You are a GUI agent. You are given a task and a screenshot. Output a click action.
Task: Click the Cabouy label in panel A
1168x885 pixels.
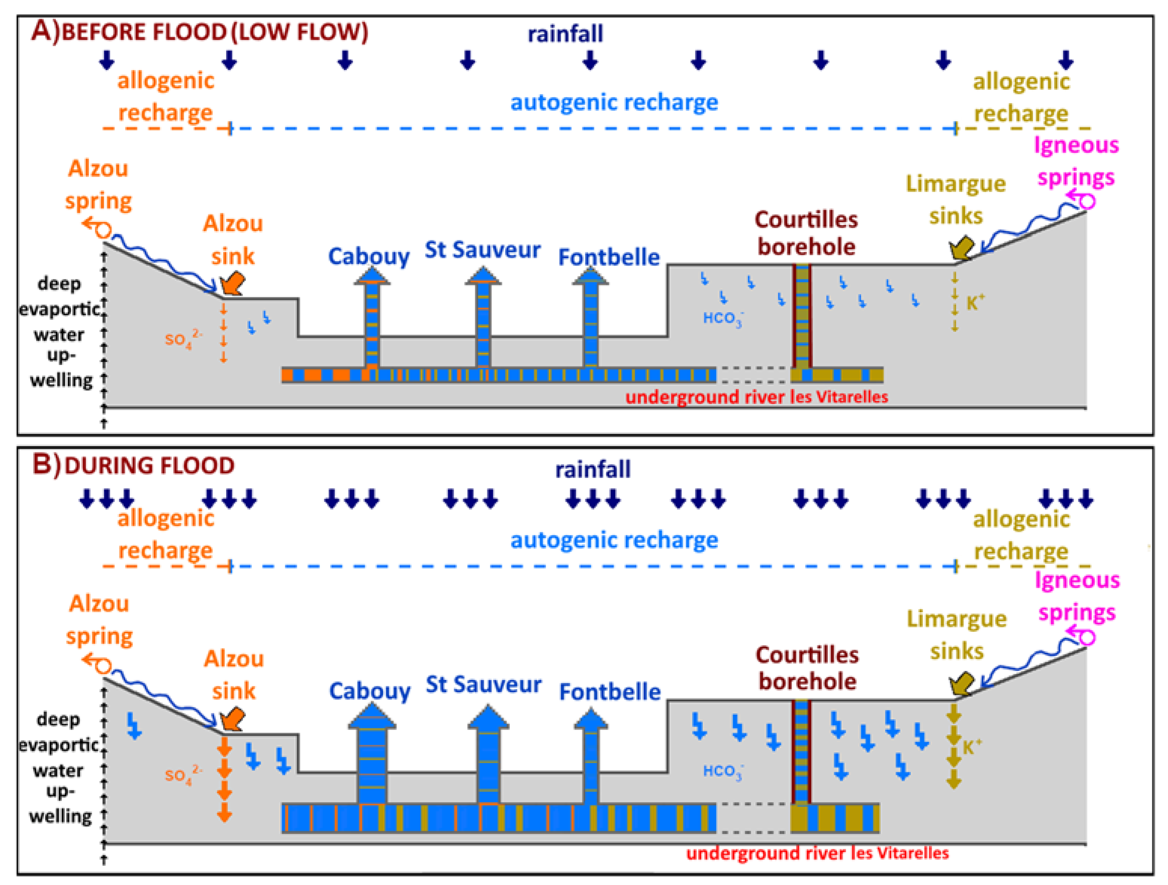coord(369,257)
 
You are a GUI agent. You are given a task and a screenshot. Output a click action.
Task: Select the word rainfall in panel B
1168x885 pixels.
coord(592,469)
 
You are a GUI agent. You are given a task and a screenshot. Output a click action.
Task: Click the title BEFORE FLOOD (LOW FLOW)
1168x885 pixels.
coord(214,32)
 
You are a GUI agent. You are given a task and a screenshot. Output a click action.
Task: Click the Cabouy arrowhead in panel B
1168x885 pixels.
coord(372,717)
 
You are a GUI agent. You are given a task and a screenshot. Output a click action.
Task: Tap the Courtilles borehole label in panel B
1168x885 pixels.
coord(807,668)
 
